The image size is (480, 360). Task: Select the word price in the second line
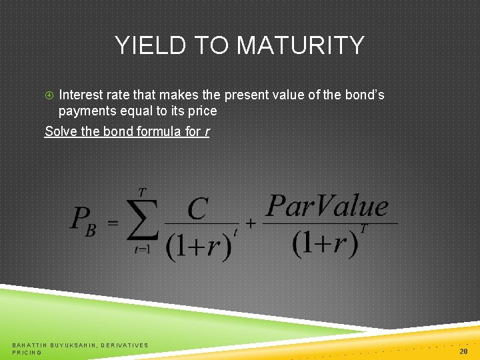[201, 111]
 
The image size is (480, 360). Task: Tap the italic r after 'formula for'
[207, 132]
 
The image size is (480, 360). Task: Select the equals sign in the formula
[113, 222]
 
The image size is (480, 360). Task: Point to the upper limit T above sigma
[142, 193]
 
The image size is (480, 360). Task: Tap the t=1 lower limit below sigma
[141, 250]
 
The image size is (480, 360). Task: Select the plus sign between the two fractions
[251, 223]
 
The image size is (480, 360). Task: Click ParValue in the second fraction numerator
[327, 206]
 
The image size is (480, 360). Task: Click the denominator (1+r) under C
[198, 245]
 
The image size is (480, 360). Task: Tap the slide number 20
[463, 351]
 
